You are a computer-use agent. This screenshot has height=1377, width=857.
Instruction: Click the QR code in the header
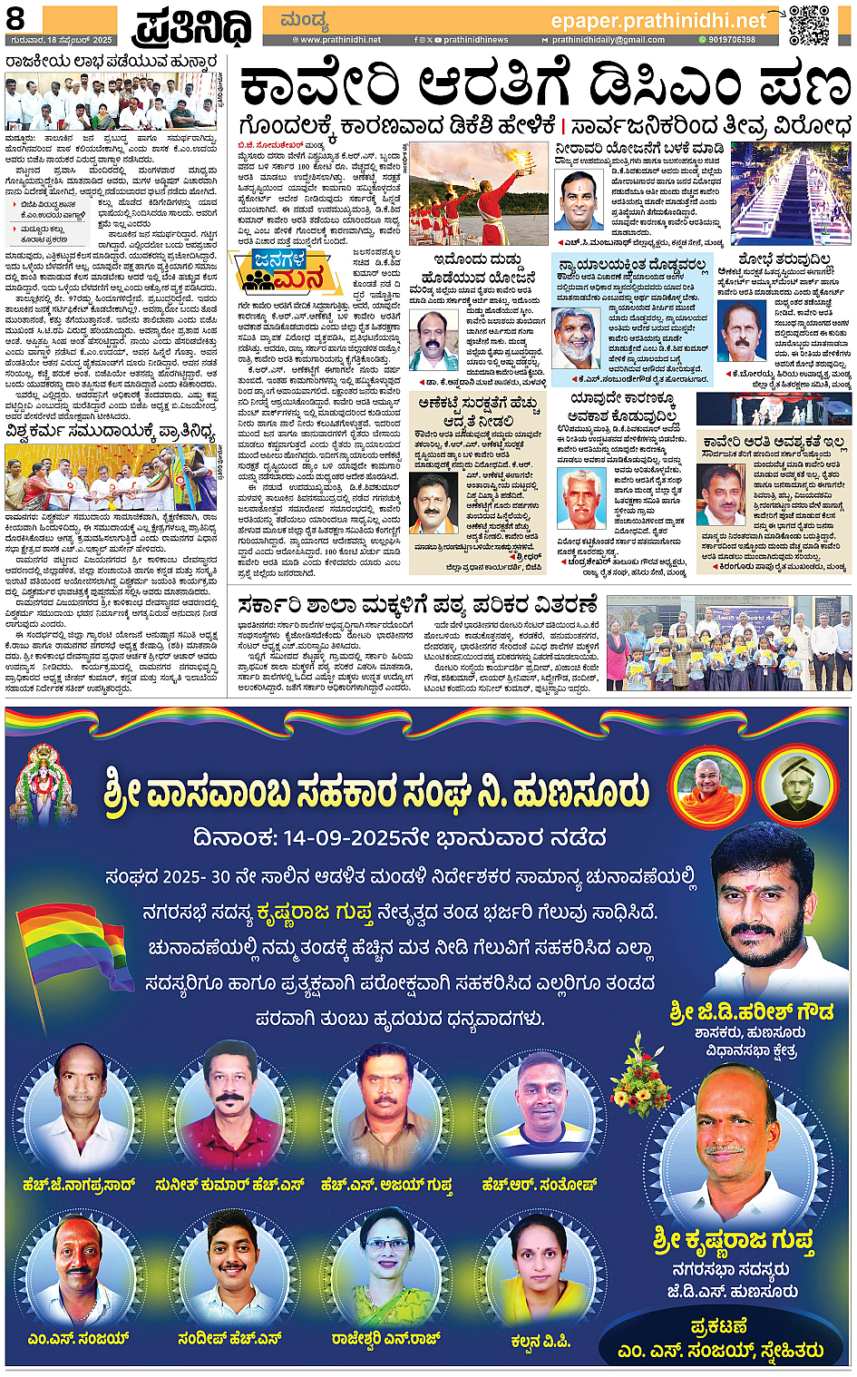coord(808,25)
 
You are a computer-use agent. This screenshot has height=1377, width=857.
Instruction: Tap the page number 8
coord(18,19)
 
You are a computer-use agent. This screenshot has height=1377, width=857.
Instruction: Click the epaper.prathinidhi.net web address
coord(658,20)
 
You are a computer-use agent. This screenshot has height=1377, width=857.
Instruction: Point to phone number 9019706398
coord(731,40)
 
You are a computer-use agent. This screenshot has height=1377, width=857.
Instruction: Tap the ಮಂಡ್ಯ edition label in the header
coord(304,21)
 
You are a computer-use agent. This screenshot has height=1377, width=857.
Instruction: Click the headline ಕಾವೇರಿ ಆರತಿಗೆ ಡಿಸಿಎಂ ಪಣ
coord(544,87)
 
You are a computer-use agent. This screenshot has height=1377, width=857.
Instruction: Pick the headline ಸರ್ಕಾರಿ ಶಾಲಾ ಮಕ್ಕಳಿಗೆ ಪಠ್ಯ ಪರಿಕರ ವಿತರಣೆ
coord(417,605)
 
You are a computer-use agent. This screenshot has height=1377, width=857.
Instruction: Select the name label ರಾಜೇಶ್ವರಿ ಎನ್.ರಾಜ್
coord(385,1338)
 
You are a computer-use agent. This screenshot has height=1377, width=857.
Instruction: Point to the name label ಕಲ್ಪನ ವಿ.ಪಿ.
coord(540,1340)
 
